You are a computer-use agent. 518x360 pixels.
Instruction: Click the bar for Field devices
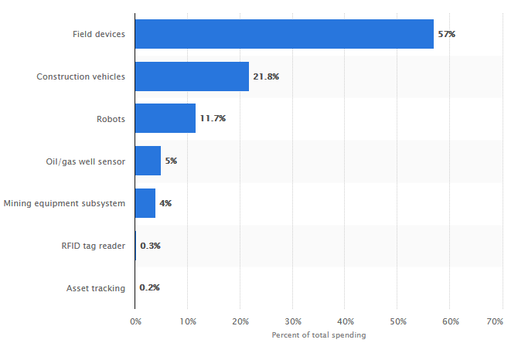[x=285, y=34]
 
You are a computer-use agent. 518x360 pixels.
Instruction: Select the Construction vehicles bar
[x=192, y=76]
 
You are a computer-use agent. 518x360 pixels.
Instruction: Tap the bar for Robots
[x=165, y=119]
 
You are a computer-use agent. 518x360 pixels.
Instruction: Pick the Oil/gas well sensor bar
[x=148, y=161]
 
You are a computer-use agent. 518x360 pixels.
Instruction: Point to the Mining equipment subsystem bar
[x=145, y=203]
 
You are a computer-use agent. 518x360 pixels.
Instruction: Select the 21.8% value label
[x=266, y=76]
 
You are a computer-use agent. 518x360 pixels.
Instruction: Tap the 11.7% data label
[x=213, y=119]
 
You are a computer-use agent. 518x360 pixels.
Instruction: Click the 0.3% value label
[x=150, y=246]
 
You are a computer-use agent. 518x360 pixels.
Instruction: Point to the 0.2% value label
[x=149, y=288]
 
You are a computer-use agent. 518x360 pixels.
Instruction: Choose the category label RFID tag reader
[x=94, y=246]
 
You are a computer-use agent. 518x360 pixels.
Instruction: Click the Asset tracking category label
[x=96, y=288]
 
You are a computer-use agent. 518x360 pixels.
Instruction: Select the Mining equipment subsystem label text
[x=64, y=203]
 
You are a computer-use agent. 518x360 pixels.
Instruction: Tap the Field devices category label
[x=99, y=34]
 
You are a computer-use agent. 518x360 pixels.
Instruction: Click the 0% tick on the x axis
[x=135, y=321]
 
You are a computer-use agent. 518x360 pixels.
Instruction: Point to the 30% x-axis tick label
[x=293, y=321]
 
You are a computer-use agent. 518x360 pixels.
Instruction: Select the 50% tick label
[x=398, y=321]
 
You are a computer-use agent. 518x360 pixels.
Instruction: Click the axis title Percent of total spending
[x=319, y=335]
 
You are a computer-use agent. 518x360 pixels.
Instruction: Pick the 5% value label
[x=171, y=161]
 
